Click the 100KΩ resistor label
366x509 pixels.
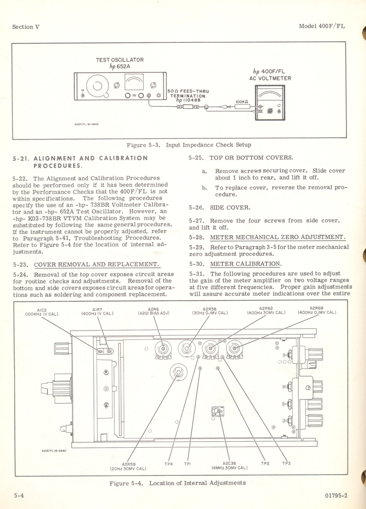242,101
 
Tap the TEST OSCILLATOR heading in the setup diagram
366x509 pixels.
120,60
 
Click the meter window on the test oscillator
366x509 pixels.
133,82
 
